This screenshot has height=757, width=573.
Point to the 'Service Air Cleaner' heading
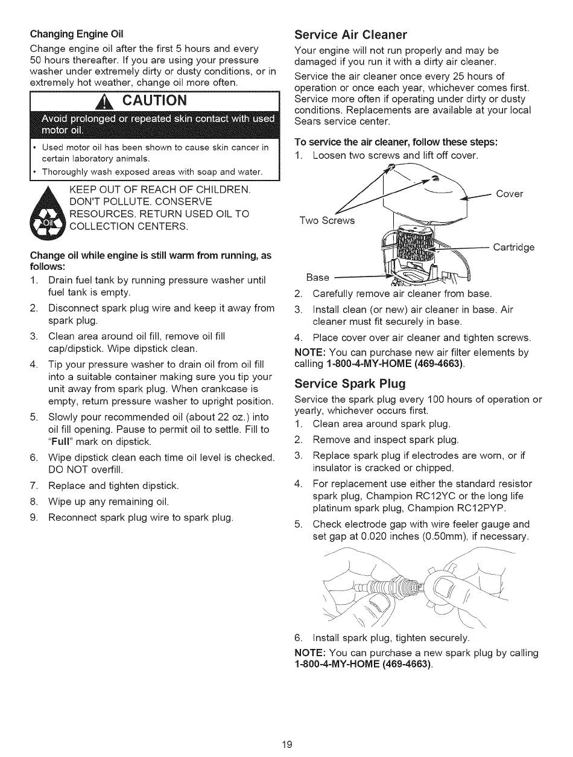click(x=350, y=34)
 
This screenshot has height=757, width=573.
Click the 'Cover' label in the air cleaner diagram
click(x=509, y=194)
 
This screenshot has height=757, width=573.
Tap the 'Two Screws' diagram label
click(x=328, y=220)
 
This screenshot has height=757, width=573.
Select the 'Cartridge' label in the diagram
click(x=513, y=247)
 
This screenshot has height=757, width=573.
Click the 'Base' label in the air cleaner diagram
click(x=318, y=277)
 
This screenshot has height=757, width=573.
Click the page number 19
click(x=286, y=744)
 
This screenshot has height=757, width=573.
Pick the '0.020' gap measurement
click(x=387, y=536)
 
